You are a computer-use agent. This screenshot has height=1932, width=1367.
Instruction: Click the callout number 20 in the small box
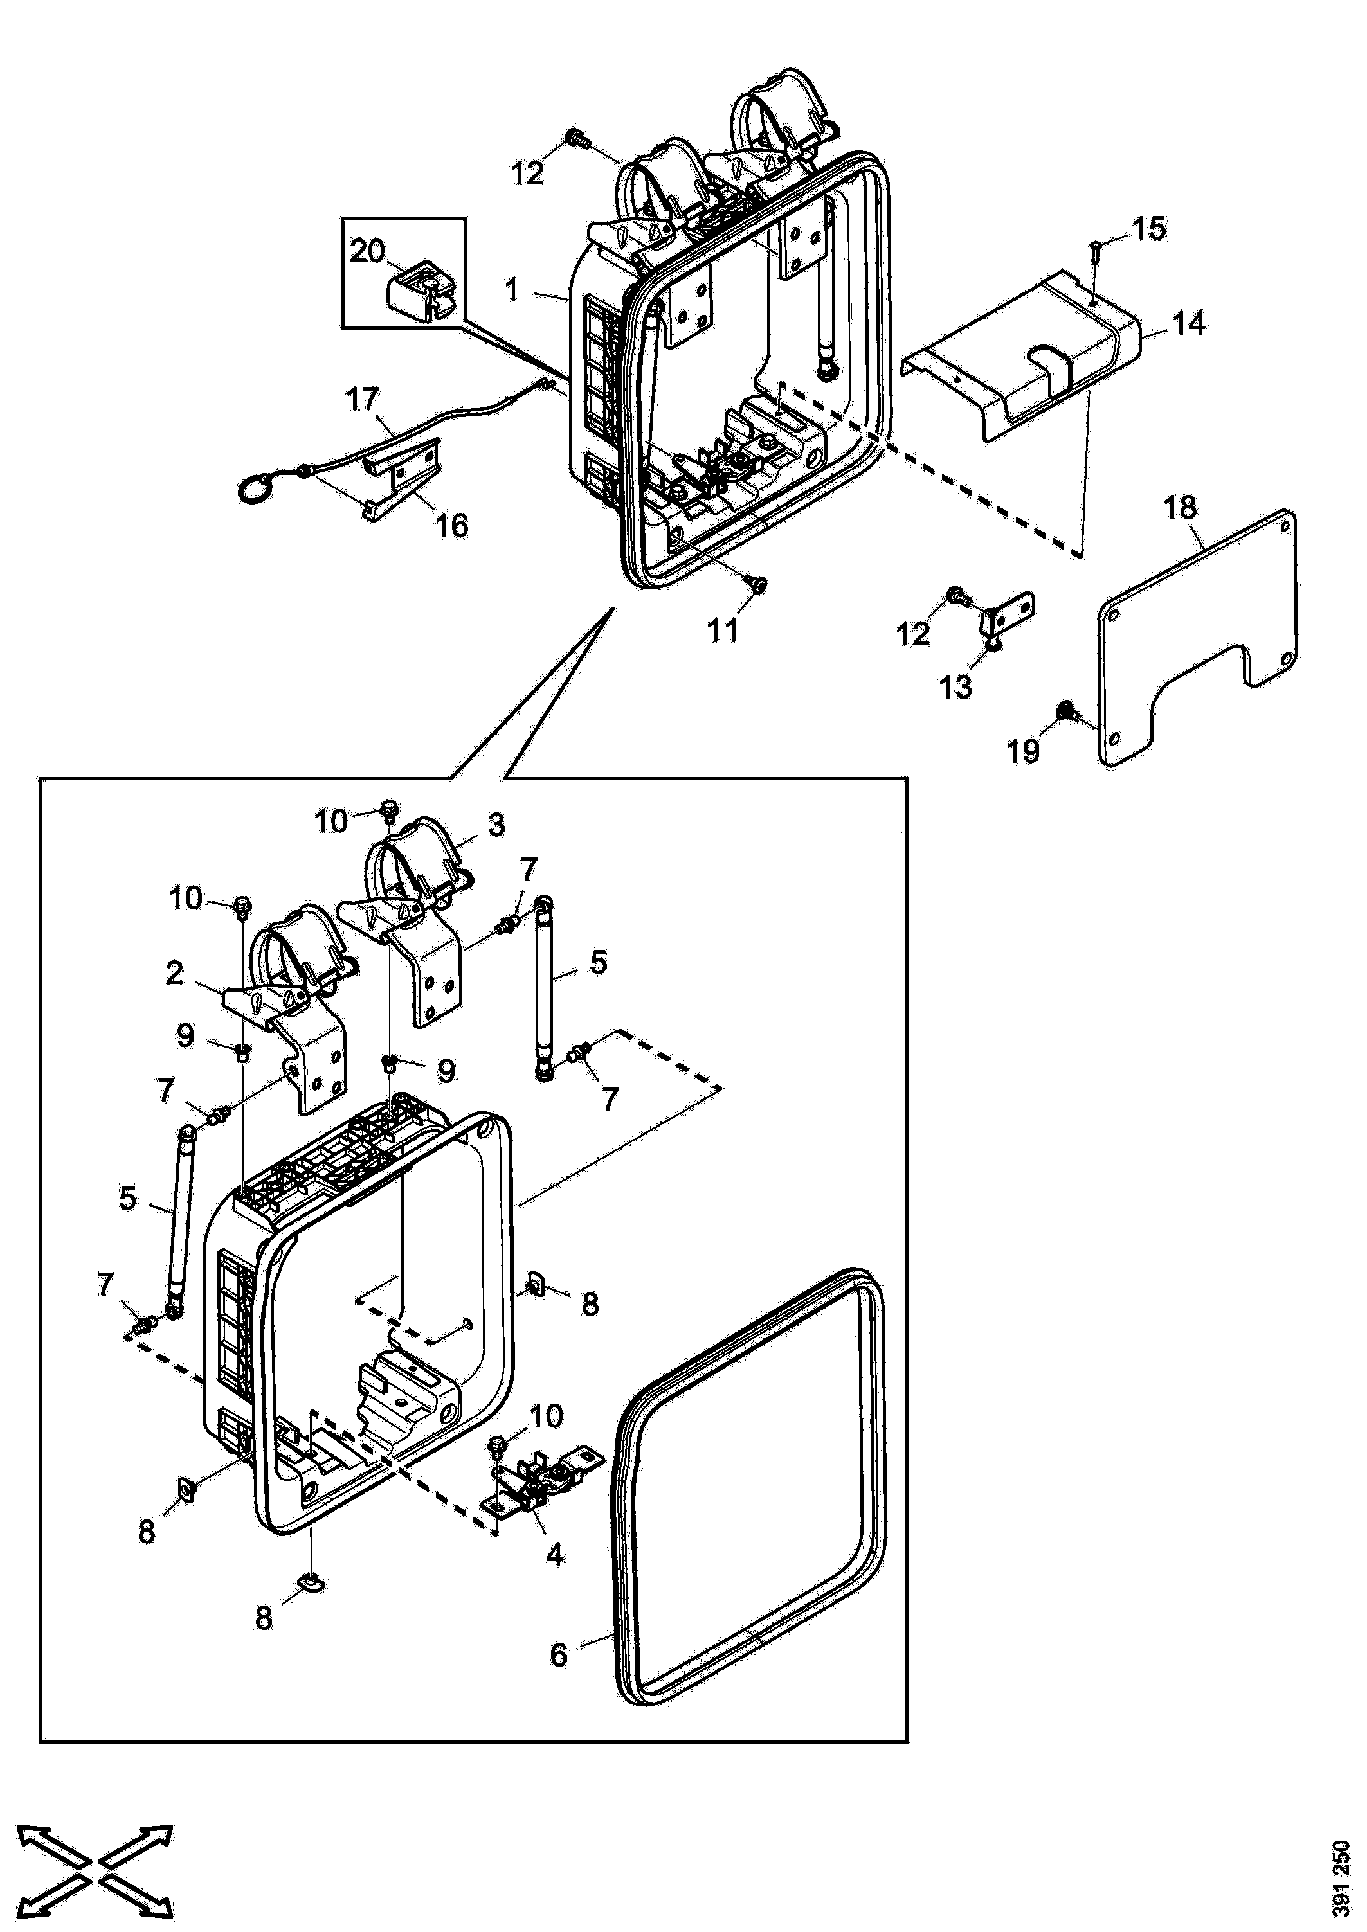click(367, 251)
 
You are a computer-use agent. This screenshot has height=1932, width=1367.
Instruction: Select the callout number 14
click(1188, 323)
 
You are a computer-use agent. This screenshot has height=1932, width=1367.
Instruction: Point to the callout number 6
click(559, 1655)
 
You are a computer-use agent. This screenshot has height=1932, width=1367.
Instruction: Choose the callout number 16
click(451, 526)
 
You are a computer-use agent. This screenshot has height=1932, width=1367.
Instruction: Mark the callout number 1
click(511, 291)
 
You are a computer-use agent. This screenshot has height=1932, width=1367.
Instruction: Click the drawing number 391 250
click(1342, 1878)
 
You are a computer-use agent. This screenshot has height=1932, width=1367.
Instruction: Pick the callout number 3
click(496, 825)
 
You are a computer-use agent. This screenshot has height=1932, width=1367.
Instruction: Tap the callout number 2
click(174, 974)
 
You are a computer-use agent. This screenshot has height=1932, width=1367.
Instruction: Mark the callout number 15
click(1149, 228)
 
